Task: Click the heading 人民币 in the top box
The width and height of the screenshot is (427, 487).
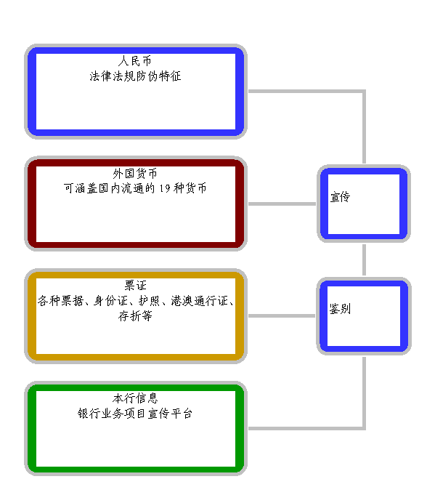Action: click(135, 61)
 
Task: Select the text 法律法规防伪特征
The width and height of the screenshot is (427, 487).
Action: click(135, 76)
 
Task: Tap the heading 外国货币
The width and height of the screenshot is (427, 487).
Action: click(135, 174)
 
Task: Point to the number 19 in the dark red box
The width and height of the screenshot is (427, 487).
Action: click(165, 188)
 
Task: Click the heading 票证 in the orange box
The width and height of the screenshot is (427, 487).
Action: click(135, 286)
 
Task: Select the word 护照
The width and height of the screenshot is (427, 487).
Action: click(149, 301)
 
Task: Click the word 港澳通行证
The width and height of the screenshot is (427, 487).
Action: click(200, 301)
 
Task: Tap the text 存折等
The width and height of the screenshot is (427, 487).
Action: click(135, 316)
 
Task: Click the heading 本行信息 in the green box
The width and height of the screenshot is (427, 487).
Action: click(135, 398)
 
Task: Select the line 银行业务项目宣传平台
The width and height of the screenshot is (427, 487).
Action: click(135, 414)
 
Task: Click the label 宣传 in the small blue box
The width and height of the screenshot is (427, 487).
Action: click(340, 197)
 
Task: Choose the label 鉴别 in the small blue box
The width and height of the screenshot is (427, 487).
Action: click(340, 310)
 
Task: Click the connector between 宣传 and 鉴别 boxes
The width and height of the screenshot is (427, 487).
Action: click(364, 259)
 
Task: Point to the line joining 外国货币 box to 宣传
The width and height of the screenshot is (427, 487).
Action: click(282, 204)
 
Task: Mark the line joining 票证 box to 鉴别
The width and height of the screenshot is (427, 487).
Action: click(282, 316)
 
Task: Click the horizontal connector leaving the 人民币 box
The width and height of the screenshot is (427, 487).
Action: click(306, 92)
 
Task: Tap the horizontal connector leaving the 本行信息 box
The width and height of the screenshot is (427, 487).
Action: click(306, 428)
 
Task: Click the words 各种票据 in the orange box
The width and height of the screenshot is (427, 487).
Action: click(60, 301)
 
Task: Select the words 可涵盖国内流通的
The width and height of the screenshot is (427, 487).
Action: click(109, 188)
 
